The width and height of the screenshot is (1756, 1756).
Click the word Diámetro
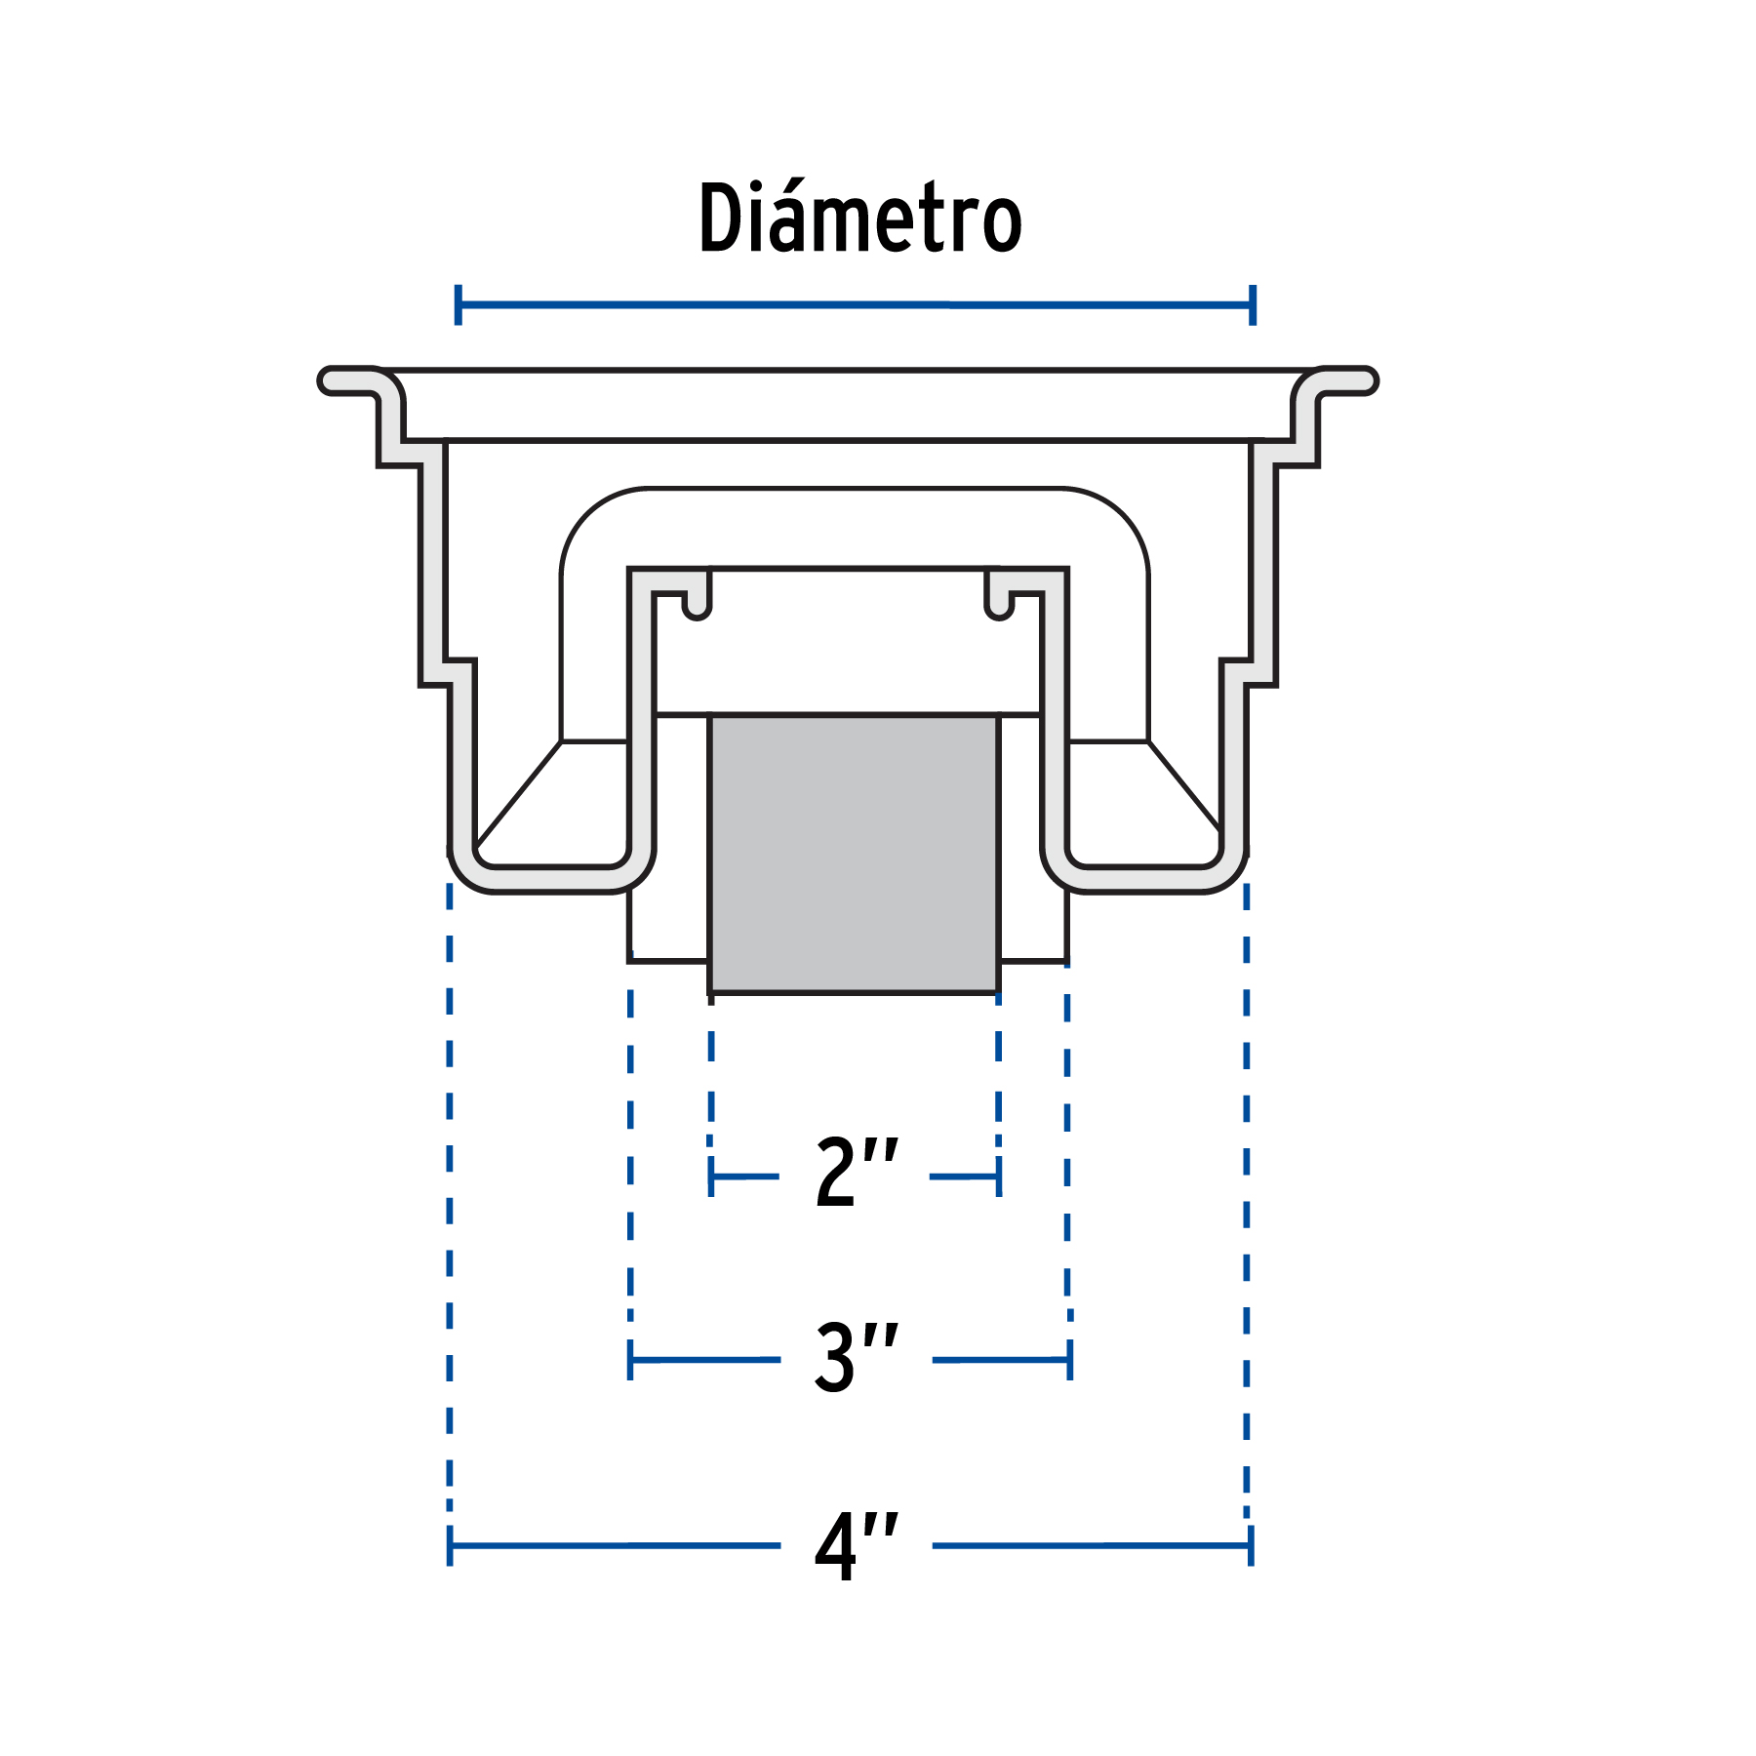point(859,219)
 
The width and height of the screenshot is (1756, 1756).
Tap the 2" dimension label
point(856,1173)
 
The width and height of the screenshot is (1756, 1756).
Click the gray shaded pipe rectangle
point(854,854)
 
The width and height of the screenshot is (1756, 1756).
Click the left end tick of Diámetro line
point(458,304)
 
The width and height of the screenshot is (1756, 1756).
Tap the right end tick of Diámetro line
point(1253,304)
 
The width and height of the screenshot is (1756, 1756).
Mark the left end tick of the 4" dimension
point(450,1545)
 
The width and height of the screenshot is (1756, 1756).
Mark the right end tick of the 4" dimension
point(1251,1545)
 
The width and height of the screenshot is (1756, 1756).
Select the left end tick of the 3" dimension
point(630,1359)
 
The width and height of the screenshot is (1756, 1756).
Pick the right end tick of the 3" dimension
point(1070,1359)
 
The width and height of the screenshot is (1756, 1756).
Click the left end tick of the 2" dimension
point(711,1177)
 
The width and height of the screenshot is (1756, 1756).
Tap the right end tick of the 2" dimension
point(999,1177)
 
